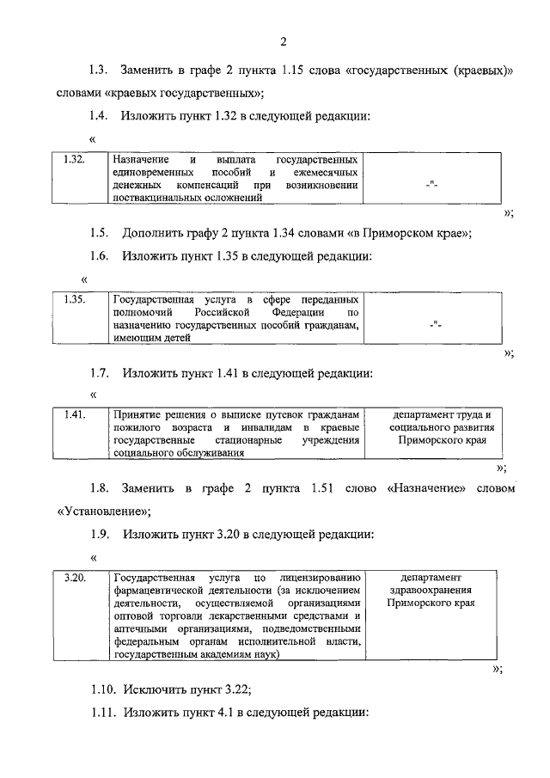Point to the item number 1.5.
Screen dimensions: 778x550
click(x=100, y=232)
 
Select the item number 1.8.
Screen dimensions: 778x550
click(x=100, y=488)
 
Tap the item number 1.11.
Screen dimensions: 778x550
click(x=103, y=713)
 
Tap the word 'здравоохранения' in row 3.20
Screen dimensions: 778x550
click(x=431, y=591)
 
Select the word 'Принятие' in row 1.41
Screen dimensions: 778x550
click(x=138, y=415)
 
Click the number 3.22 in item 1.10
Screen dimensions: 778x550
click(x=235, y=689)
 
